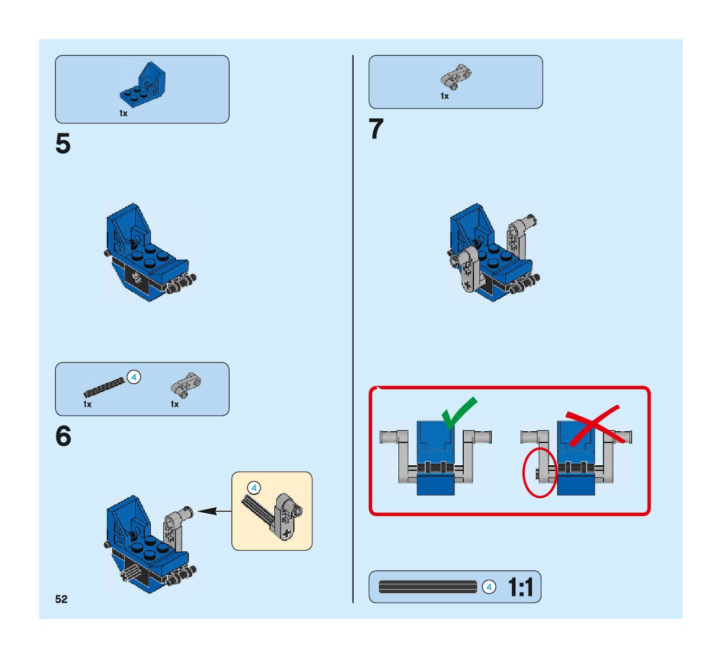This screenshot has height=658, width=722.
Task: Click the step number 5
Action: pos(63,144)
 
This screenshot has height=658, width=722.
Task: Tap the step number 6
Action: pos(63,436)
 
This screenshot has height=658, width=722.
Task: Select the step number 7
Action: pos(377,130)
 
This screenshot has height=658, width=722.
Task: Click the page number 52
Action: pos(61,599)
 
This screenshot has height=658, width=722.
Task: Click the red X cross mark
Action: pos(592,425)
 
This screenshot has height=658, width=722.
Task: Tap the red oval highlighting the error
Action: pos(540,472)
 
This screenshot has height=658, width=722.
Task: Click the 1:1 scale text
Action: pos(520,588)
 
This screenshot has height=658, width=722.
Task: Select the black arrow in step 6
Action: pos(215,511)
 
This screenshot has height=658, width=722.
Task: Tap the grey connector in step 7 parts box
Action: pos(455,76)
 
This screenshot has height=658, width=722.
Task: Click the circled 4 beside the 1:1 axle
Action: pos(489,587)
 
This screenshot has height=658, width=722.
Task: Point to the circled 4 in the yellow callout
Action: pos(254,488)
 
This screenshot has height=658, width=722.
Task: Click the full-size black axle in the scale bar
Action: pos(428,587)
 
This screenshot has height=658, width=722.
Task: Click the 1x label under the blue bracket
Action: pos(123,113)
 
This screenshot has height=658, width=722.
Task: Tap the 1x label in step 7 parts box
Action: pos(444,96)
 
